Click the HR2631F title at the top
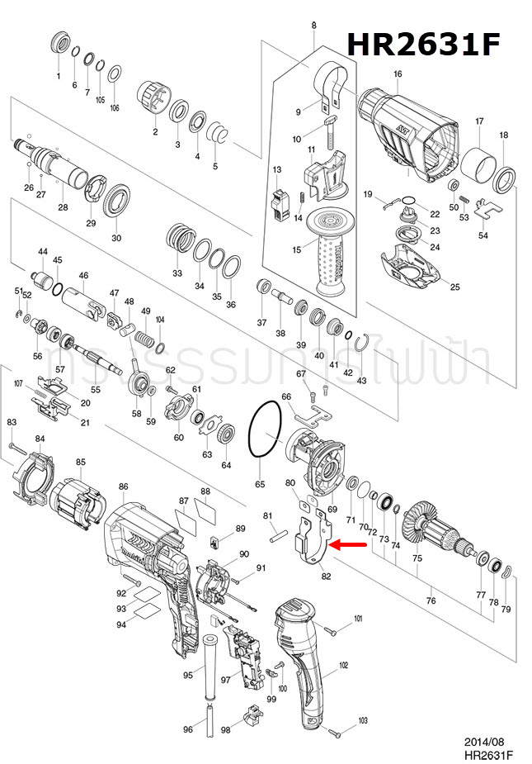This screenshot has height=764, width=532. tap(422, 44)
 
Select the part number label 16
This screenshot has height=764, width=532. tap(398, 74)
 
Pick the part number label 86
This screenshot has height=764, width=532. tap(123, 487)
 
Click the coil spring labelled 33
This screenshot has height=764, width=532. tap(179, 240)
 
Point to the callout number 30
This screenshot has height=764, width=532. tap(116, 238)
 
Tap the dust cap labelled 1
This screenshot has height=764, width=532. tap(60, 45)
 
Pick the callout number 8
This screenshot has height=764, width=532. tap(313, 26)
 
